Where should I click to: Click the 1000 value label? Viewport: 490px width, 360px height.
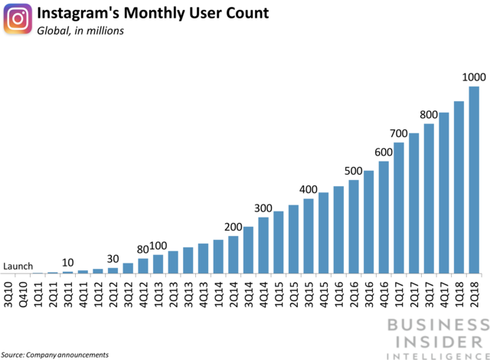coord(473,77)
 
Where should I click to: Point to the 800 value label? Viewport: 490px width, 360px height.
coord(429,115)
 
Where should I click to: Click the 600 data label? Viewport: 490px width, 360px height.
coord(384,152)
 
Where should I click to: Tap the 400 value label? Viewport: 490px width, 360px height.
coord(309,189)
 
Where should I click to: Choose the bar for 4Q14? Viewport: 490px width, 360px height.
coord(263,245)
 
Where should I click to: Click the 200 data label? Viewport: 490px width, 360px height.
coord(234,227)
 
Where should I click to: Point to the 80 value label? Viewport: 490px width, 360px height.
coord(142,249)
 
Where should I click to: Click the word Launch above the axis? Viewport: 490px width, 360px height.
coord(18,267)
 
